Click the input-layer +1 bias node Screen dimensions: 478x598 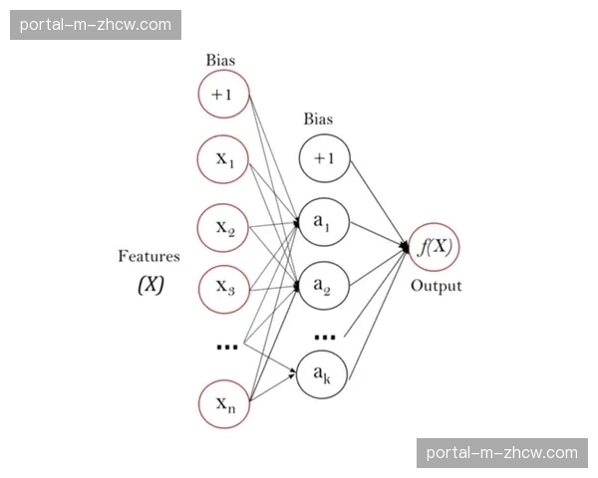(x=224, y=95)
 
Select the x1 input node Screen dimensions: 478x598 (x=224, y=160)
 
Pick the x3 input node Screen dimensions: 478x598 (x=224, y=289)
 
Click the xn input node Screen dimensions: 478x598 (x=224, y=403)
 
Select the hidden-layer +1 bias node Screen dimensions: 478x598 (x=325, y=158)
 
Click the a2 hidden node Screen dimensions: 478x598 (x=325, y=286)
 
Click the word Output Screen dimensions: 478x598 (x=437, y=287)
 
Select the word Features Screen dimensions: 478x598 (x=149, y=256)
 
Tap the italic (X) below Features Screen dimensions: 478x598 (x=149, y=284)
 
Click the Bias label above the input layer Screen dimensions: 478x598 (x=221, y=60)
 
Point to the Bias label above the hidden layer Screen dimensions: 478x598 (x=319, y=119)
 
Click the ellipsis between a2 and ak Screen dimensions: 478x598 (x=325, y=332)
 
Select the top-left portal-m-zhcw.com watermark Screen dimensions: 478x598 (x=96, y=24)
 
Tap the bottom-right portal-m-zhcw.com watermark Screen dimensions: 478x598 (x=501, y=452)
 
